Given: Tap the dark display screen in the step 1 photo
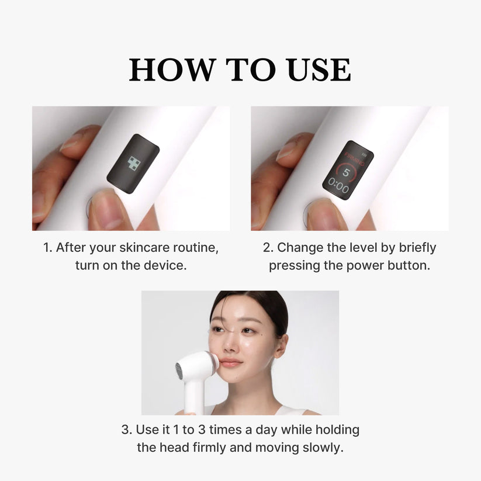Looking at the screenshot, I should (133, 165).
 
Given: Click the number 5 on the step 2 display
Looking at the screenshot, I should (345, 173).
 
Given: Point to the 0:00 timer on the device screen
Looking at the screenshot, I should (338, 189).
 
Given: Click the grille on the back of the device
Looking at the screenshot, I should (179, 371).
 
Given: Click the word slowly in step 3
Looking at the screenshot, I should (323, 448).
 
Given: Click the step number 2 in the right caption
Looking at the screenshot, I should (267, 248).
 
